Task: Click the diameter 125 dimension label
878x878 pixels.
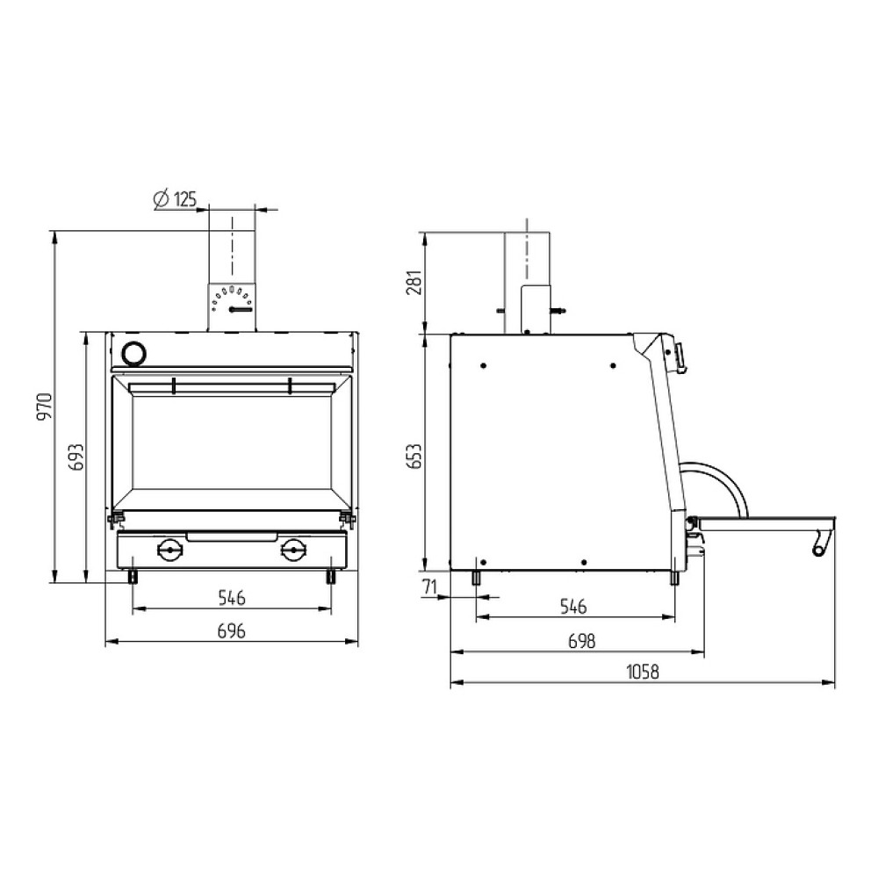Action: (176, 199)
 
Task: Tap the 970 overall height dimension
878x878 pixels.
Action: (44, 407)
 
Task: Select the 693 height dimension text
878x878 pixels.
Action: (76, 457)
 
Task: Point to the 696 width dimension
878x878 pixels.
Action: (231, 631)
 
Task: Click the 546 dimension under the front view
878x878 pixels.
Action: (231, 598)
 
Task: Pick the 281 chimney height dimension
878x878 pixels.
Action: (414, 283)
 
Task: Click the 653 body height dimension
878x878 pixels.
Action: (414, 457)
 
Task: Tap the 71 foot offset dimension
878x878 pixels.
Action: (429, 587)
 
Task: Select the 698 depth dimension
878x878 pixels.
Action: (582, 641)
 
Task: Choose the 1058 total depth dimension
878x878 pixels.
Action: (643, 672)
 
